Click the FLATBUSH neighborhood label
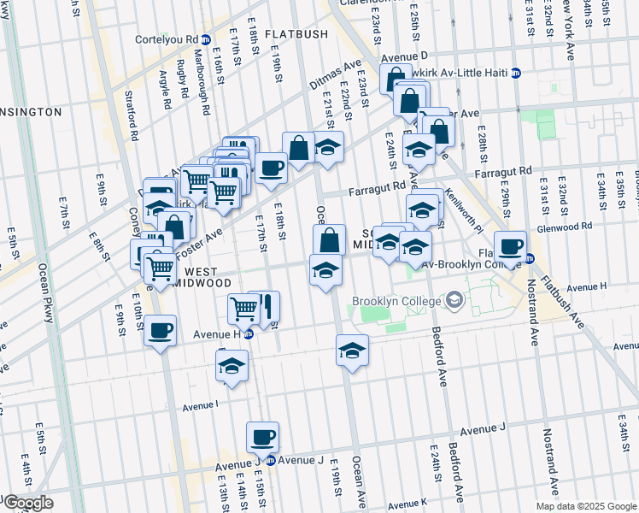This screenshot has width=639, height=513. click(296, 34)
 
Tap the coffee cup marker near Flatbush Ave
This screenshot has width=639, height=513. click(511, 247)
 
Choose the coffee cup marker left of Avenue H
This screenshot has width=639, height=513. click(160, 330)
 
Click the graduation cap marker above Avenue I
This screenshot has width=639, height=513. click(231, 365)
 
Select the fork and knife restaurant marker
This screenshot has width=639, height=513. click(265, 305)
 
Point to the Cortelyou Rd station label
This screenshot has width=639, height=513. click(173, 39)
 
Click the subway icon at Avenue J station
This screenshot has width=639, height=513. click(270, 460)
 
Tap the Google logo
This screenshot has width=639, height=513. click(27, 503)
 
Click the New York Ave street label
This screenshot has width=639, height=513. click(570, 30)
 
